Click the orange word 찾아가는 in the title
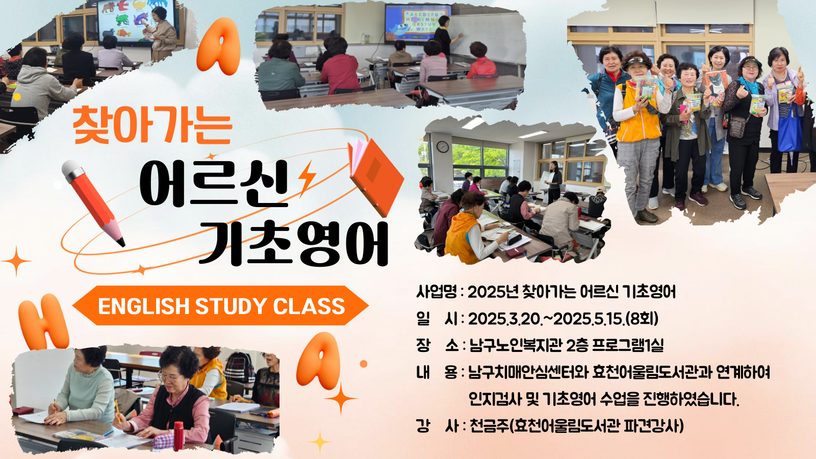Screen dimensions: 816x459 tap(152, 125)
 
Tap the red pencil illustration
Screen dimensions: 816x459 tap(93, 203)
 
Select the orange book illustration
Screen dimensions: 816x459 tap(375, 177)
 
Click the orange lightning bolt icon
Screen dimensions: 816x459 tap(307, 178)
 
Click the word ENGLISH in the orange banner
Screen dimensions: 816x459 tap(144, 306)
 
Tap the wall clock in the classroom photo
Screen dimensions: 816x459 tap(443, 147)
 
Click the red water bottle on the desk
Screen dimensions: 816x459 tap(178, 436)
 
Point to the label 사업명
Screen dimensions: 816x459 tap(437, 292)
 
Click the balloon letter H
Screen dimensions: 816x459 tap(44, 321)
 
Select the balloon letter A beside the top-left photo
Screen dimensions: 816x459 tap(219, 46)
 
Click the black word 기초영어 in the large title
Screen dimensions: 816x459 tap(294, 243)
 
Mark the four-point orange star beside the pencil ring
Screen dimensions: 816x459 tap(16, 261)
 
